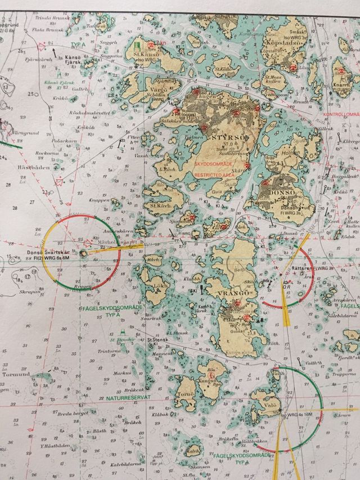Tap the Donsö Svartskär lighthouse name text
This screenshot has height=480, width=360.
pyautogui.click(x=48, y=253)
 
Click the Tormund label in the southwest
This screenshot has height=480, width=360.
pyautogui.click(x=15, y=374)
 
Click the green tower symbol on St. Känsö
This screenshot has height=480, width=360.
pyautogui.click(x=137, y=43)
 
